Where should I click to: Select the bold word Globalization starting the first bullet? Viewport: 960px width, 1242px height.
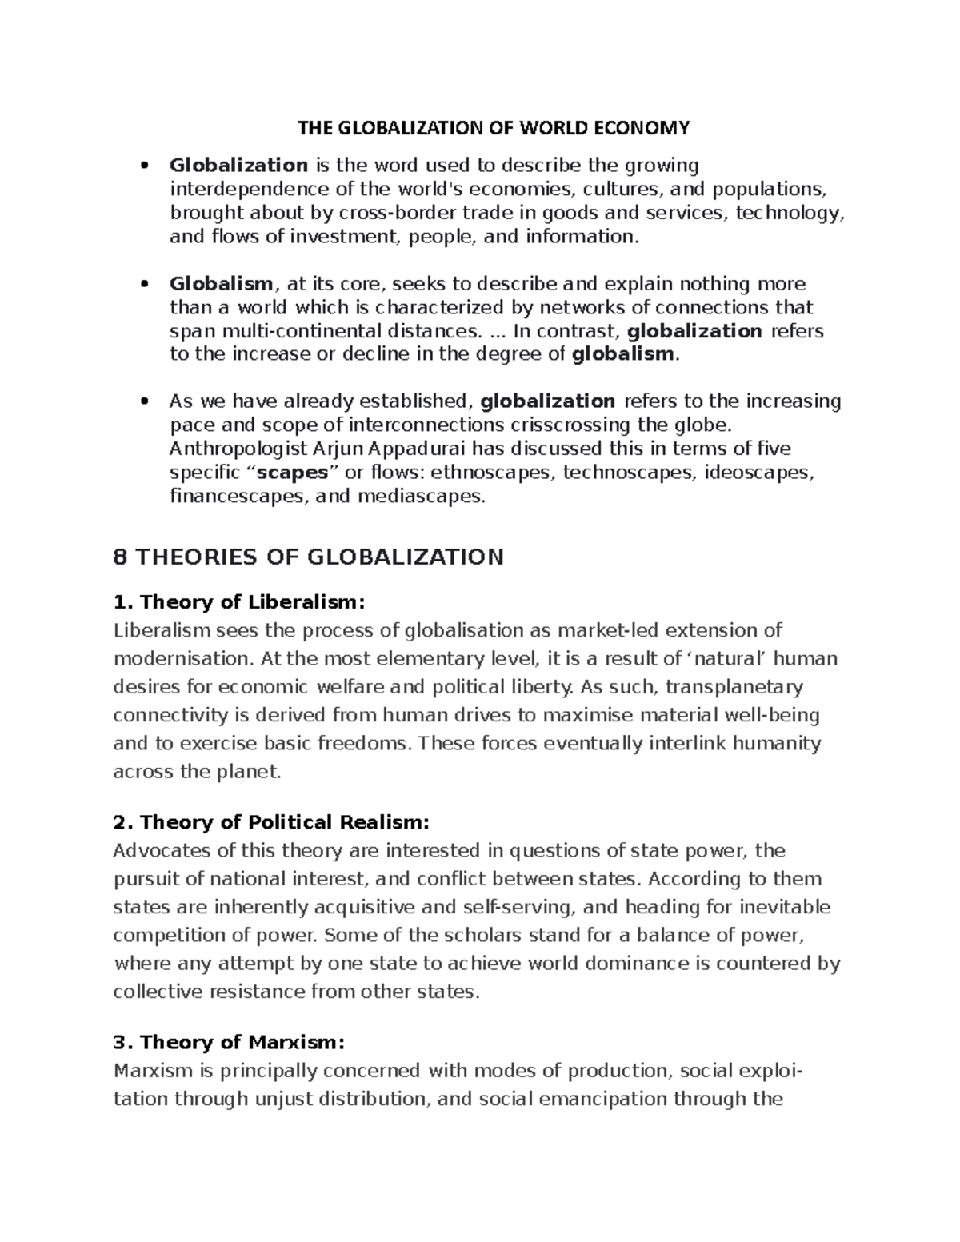(x=238, y=166)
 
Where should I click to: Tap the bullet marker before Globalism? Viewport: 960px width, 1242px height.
(x=144, y=284)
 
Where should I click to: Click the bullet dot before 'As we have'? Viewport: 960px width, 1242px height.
(x=144, y=401)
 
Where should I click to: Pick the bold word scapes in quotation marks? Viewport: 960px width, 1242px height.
(x=297, y=473)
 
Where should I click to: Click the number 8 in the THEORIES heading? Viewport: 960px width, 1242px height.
(x=121, y=557)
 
